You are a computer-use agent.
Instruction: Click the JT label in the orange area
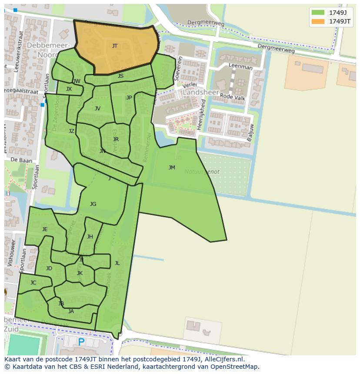click(x=115, y=46)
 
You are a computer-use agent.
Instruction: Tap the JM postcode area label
click(x=172, y=168)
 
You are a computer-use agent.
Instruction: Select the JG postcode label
click(x=93, y=204)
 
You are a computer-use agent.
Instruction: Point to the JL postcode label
click(x=117, y=263)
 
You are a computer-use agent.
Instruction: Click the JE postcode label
click(x=45, y=229)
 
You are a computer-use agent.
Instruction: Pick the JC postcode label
click(x=33, y=283)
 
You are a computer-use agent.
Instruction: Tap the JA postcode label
click(x=71, y=311)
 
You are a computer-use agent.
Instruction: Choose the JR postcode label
click(x=116, y=139)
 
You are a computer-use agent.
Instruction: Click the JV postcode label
click(x=97, y=109)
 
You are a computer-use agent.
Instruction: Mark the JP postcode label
click(x=129, y=98)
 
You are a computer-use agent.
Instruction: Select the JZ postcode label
click(x=71, y=131)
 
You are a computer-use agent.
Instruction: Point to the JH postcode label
click(x=90, y=237)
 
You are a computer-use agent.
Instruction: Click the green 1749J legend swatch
click(x=318, y=13)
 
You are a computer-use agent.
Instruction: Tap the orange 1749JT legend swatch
click(x=318, y=21)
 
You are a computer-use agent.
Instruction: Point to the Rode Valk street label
click(x=233, y=97)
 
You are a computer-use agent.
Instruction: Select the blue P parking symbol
click(x=81, y=342)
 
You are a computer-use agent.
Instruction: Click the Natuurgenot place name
click(x=202, y=172)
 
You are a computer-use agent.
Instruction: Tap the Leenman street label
click(x=240, y=67)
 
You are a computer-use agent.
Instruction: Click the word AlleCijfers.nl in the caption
click(x=224, y=360)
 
